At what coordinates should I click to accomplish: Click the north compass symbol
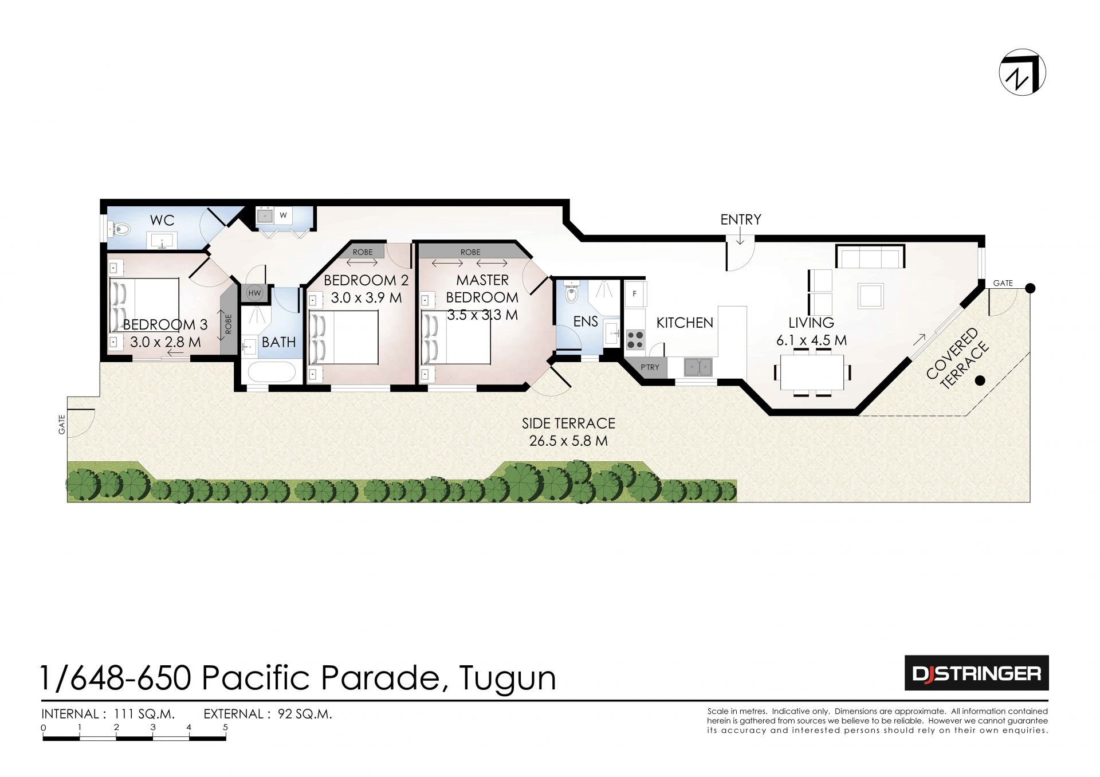1022,72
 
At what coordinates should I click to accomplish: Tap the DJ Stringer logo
976,673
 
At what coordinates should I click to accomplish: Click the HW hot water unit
254,293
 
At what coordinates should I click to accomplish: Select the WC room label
162,220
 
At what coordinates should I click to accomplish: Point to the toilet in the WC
120,230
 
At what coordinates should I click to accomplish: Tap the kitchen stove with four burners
635,339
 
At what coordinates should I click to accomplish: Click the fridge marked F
635,293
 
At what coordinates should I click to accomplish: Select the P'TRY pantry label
650,367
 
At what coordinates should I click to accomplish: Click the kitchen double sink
698,367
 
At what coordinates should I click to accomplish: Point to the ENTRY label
741,219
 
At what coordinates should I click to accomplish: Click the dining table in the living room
812,372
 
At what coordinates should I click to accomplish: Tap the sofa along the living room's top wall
870,256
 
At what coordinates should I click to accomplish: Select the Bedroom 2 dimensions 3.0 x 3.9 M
366,298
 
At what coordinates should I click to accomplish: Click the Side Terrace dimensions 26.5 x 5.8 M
568,441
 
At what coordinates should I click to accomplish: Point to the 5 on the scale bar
225,727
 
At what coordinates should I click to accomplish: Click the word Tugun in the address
508,678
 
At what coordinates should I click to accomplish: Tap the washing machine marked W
283,215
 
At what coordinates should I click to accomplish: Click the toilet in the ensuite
571,293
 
